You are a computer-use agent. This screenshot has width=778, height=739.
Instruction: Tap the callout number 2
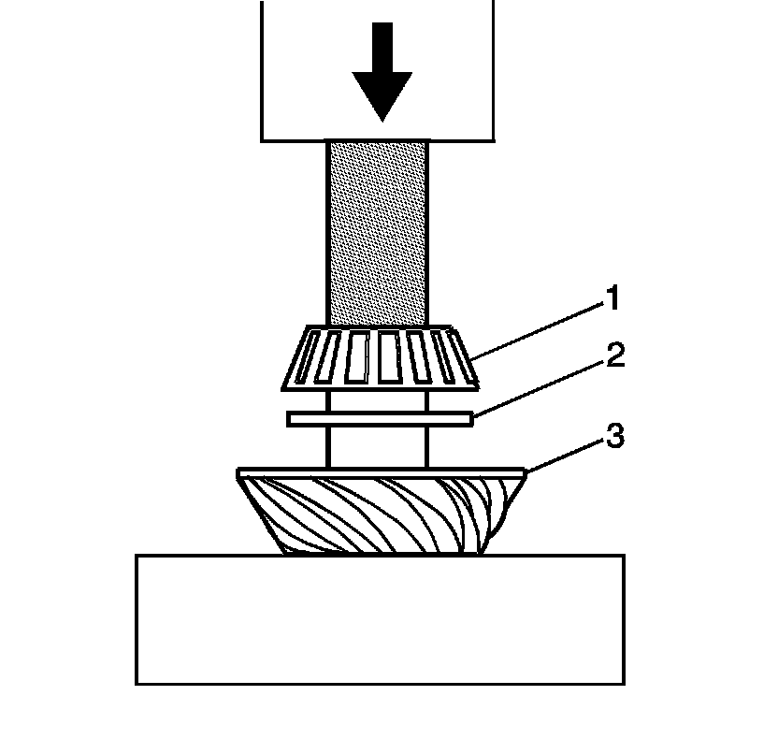614,356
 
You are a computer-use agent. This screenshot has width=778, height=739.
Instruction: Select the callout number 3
614,437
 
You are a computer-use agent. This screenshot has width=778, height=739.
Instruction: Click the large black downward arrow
382,70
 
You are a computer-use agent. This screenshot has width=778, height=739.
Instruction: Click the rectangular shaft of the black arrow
382,47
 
